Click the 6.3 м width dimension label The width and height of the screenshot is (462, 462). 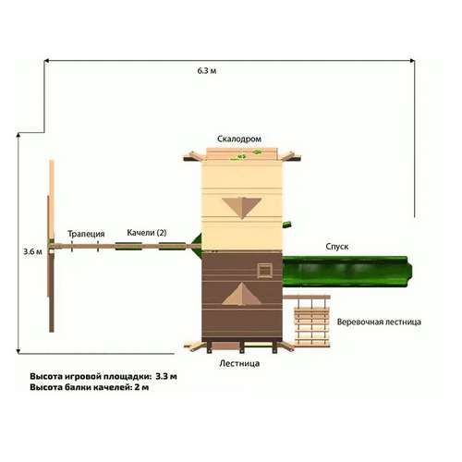[x=207, y=71]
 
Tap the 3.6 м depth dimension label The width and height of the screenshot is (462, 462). [x=32, y=251]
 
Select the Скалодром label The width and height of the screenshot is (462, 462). [x=239, y=139]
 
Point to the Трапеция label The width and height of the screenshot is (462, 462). [x=86, y=234]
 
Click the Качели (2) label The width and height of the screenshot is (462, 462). [x=147, y=233]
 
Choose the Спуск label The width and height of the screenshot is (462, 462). [x=337, y=247]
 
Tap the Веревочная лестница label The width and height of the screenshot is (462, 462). [x=379, y=322]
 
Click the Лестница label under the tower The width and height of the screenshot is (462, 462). [x=239, y=363]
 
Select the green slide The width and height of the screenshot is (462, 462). [x=347, y=272]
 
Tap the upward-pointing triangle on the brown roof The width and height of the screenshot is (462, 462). [x=242, y=294]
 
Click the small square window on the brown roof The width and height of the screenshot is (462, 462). [x=264, y=271]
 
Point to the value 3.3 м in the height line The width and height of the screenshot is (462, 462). [x=166, y=376]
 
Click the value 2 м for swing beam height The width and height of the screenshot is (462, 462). [x=141, y=387]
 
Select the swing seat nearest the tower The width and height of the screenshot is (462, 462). [x=172, y=246]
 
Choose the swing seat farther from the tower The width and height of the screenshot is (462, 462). [x=128, y=246]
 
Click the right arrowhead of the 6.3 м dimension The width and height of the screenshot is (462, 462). [x=412, y=61]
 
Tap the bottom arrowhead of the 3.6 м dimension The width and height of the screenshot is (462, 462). [x=18, y=351]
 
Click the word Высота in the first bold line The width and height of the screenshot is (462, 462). [x=46, y=376]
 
